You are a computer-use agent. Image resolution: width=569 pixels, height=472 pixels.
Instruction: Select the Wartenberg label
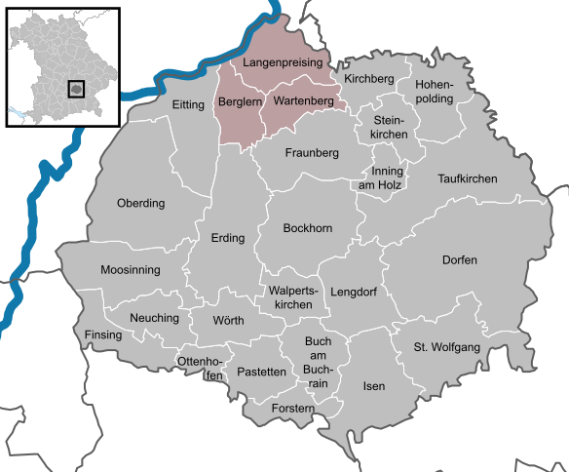pos(304,100)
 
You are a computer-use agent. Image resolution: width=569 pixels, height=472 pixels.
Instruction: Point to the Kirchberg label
pos(368,77)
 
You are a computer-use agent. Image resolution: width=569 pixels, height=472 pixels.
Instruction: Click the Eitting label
pos(188,104)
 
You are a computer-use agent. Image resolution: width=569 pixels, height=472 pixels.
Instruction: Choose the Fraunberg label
pos(312,153)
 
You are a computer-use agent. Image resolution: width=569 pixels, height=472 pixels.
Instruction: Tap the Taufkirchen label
pos(468,179)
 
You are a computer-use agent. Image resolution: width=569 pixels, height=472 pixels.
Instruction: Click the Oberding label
pos(141,204)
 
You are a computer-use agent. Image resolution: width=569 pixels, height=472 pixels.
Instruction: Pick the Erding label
pos(227,238)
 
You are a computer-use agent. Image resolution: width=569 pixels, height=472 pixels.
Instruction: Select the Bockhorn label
pos(307,228)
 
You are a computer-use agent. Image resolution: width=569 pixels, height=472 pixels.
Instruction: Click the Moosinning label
pos(131,270)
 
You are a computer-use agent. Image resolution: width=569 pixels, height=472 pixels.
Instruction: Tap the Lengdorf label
pos(353,292)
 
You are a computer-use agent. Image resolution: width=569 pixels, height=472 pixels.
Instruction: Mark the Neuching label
pos(155,319)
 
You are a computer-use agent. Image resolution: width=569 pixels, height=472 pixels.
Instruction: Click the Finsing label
pos(104,335)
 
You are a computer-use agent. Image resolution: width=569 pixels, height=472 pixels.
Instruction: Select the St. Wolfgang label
pos(447,346)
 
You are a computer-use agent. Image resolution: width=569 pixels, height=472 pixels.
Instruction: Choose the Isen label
pos(373,387)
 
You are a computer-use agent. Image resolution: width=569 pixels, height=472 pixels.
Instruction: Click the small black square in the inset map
pos(76,89)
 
